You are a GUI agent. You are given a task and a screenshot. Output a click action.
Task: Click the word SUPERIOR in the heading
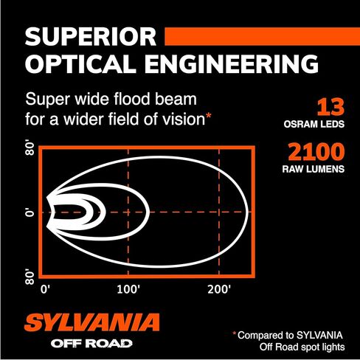point(91,37)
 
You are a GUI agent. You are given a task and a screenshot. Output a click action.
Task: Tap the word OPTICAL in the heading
point(80,64)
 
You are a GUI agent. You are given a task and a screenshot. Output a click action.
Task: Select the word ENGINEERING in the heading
point(231,64)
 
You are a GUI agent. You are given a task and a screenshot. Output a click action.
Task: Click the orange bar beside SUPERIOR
point(262,36)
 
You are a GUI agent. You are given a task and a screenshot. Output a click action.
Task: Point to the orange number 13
point(330,107)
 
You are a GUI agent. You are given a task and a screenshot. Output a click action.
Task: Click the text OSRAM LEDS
point(314,124)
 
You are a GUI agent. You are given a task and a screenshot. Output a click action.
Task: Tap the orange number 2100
point(316,152)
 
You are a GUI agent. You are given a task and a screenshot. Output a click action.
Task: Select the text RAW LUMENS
point(314,169)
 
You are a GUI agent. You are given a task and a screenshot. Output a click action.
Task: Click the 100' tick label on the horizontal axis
point(128,289)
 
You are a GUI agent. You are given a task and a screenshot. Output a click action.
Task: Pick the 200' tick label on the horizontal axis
point(219,289)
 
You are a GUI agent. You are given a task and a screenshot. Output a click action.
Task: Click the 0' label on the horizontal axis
point(46,289)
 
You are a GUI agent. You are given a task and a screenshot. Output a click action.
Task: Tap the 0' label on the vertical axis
point(30,212)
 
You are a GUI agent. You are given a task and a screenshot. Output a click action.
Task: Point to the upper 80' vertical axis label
point(30,148)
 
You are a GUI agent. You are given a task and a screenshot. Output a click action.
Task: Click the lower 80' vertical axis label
point(30,277)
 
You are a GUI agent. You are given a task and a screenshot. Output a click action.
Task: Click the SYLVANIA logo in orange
point(92,322)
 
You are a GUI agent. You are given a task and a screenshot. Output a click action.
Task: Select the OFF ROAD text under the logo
point(91,344)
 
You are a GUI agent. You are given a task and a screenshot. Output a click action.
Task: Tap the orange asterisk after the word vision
point(208,116)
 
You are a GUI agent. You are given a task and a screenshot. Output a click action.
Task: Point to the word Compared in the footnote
point(264,335)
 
